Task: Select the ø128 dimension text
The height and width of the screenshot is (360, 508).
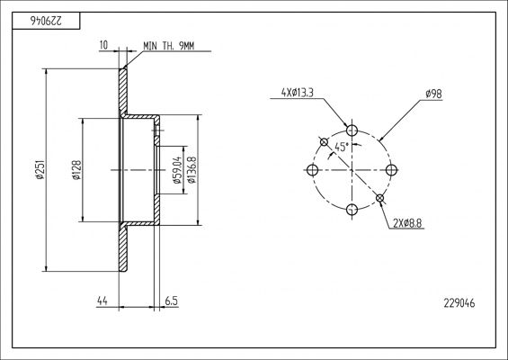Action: pos(77,169)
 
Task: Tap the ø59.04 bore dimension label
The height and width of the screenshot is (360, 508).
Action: pos(178,169)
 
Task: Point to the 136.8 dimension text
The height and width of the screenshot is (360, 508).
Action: pos(192,169)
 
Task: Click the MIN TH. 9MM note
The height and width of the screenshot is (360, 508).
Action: pos(168,45)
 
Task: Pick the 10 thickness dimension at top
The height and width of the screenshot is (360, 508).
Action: pos(104,45)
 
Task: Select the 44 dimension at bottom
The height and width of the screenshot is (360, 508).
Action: pos(101,302)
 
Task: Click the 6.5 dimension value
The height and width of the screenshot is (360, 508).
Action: pos(171,302)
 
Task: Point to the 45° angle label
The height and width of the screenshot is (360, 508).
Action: pos(341,147)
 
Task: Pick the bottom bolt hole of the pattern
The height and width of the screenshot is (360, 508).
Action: pos(352,209)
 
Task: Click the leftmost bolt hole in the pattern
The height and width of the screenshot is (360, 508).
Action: pos(313,170)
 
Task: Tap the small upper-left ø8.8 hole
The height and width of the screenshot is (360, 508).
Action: pos(325,141)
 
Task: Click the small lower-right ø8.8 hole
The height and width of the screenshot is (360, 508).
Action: pos(380,198)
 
